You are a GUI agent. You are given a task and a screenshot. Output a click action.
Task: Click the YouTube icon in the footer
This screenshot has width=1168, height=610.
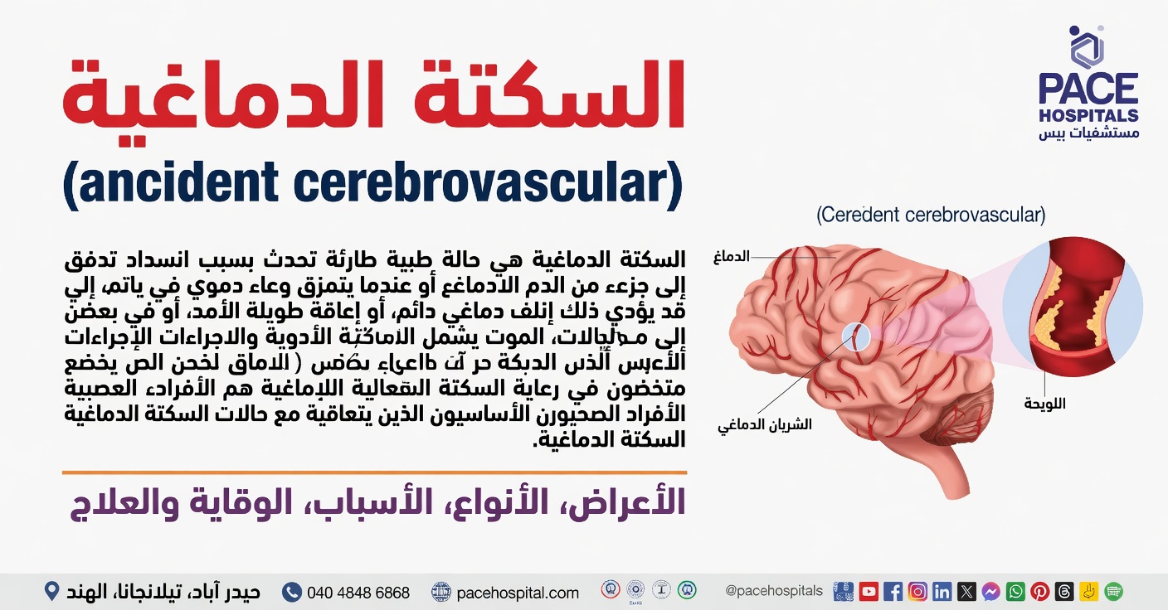click(x=869, y=592)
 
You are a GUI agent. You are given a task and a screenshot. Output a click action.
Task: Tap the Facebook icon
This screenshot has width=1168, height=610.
click(x=893, y=592)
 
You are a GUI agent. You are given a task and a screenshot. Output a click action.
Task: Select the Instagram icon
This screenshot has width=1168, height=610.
click(x=917, y=592)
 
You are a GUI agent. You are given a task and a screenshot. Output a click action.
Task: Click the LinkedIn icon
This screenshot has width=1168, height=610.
click(x=942, y=592)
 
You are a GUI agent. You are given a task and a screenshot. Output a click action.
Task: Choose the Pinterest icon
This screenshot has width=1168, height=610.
click(x=1039, y=592)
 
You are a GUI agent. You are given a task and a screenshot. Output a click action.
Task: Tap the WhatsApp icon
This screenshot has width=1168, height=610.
click(x=1015, y=592)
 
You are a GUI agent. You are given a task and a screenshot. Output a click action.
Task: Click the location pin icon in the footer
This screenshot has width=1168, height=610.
click(x=51, y=592)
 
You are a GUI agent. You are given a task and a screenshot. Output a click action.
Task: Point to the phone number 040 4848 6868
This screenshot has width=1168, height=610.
click(x=358, y=593)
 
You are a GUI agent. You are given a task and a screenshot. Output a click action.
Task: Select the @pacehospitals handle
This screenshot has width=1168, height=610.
click(x=774, y=591)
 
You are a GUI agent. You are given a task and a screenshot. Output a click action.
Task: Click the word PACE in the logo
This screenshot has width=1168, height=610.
click(x=1088, y=89)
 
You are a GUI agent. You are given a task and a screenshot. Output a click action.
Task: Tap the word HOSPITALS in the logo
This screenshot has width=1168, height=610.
click(x=1088, y=115)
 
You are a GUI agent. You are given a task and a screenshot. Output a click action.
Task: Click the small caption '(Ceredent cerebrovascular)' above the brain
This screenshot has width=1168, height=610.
click(x=931, y=215)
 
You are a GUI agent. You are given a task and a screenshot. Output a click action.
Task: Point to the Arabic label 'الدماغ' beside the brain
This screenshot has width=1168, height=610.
click(x=731, y=257)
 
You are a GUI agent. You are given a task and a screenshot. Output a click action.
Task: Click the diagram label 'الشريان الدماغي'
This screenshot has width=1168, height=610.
click(x=765, y=424)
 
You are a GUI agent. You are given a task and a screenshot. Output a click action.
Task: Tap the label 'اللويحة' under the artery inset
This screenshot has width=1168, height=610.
click(x=1044, y=404)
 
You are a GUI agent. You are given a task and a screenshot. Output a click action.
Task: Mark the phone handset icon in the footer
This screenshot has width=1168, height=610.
click(x=291, y=592)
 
